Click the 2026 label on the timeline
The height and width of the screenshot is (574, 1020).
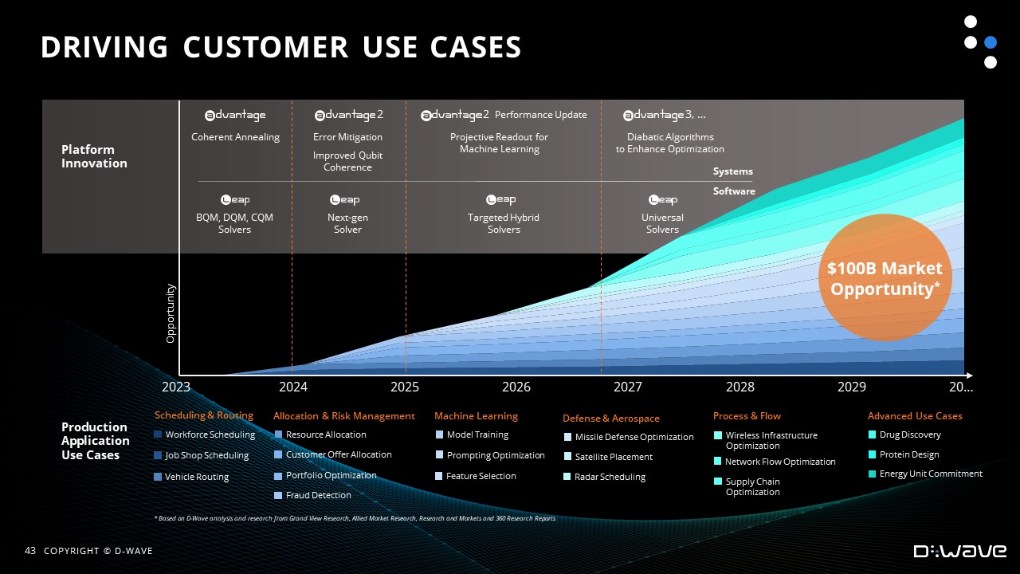[516, 387]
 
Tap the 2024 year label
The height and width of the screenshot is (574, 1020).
[292, 387]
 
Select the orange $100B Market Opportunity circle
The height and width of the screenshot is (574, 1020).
[885, 277]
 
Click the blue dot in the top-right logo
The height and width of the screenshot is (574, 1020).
[991, 42]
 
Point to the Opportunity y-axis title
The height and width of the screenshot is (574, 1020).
[171, 313]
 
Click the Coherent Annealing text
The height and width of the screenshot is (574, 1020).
[235, 137]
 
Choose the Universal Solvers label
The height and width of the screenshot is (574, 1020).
[662, 223]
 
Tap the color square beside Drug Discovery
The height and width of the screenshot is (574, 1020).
[872, 434]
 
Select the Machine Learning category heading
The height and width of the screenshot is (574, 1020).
[476, 416]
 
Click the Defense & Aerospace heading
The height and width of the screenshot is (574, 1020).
[611, 419]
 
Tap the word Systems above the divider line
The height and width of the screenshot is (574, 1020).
[732, 171]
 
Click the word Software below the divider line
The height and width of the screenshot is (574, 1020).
[734, 191]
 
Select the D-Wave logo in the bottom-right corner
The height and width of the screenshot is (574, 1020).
[960, 551]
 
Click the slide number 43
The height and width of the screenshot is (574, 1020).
[30, 551]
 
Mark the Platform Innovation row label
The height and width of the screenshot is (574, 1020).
[94, 156]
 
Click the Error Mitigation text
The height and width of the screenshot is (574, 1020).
[347, 137]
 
